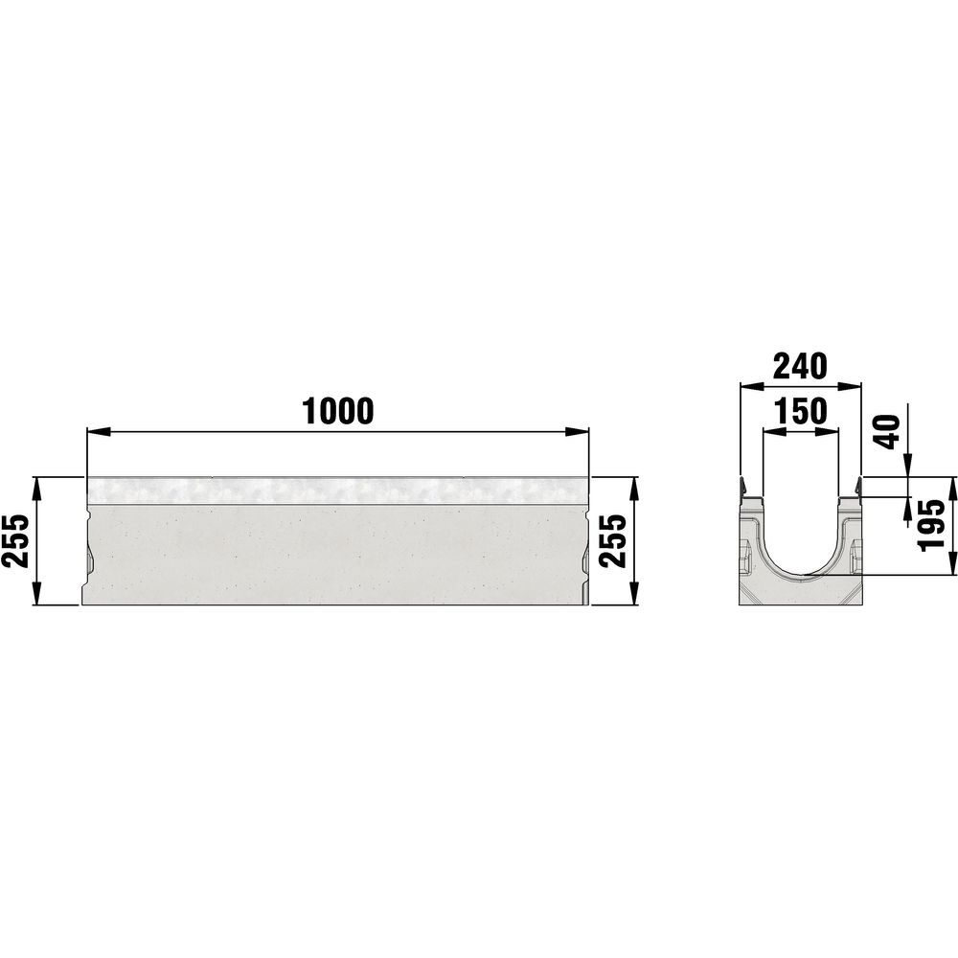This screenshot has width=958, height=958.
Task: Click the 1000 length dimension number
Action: click(x=338, y=411)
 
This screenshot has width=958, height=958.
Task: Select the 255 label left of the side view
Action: click(x=15, y=540)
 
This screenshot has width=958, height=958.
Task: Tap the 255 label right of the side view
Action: click(x=613, y=540)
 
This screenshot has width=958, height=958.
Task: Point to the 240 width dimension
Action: click(x=800, y=366)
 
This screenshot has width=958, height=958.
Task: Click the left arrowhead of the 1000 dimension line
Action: click(x=98, y=432)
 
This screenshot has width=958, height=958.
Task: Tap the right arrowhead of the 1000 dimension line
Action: click(x=578, y=432)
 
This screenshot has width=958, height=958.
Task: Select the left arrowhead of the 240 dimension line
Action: click(x=751, y=386)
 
